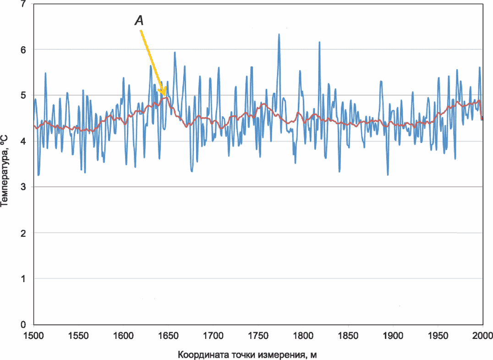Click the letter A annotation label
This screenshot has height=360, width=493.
coord(139,21)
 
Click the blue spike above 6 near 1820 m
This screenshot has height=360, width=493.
coord(319,42)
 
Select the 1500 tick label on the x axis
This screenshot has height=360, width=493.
coord(33,336)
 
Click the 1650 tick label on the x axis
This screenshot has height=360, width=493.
coord(168,336)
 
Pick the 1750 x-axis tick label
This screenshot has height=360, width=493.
coord(258,336)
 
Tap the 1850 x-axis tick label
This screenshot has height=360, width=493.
coord(348,336)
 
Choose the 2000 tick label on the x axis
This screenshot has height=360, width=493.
coord(482,336)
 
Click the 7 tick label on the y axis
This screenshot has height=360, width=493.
coord(23,5)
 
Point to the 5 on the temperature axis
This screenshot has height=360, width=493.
coord(23,95)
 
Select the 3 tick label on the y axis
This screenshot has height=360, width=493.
coord(23,187)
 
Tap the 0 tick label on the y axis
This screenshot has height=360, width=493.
coord(23,324)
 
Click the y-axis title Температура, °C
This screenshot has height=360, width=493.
coord(5,171)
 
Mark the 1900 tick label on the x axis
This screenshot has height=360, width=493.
coord(393,336)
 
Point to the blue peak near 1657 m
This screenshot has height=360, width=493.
coord(175,53)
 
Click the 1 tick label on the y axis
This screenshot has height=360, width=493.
coord(23,278)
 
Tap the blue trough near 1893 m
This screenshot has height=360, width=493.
coord(388,175)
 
